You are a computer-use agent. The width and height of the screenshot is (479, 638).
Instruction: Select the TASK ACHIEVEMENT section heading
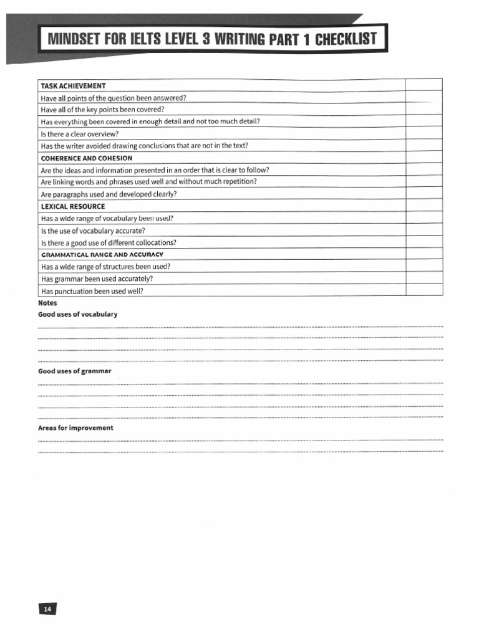coord(73,85)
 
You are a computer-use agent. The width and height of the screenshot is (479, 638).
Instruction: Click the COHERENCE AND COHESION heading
coord(86,158)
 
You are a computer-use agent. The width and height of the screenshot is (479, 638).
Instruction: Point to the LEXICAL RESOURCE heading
coord(72,206)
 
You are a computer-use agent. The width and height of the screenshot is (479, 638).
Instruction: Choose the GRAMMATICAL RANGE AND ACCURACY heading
coord(102,255)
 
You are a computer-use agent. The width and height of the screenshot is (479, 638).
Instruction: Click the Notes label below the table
coord(47,303)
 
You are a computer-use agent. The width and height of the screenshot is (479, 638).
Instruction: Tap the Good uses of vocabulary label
coord(77,315)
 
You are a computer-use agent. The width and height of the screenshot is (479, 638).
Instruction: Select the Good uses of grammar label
coord(75,371)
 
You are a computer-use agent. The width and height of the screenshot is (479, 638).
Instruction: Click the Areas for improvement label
coord(75,428)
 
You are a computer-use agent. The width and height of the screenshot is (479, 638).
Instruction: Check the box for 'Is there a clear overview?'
coord(424,134)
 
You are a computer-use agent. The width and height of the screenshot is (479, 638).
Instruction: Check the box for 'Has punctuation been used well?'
coord(424,291)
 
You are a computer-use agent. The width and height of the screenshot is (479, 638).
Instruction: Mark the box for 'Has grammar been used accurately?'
coord(424,279)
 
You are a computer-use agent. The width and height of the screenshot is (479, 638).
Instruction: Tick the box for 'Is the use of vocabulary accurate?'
coord(424,231)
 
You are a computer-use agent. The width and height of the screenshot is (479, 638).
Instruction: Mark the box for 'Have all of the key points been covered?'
coord(424,110)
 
